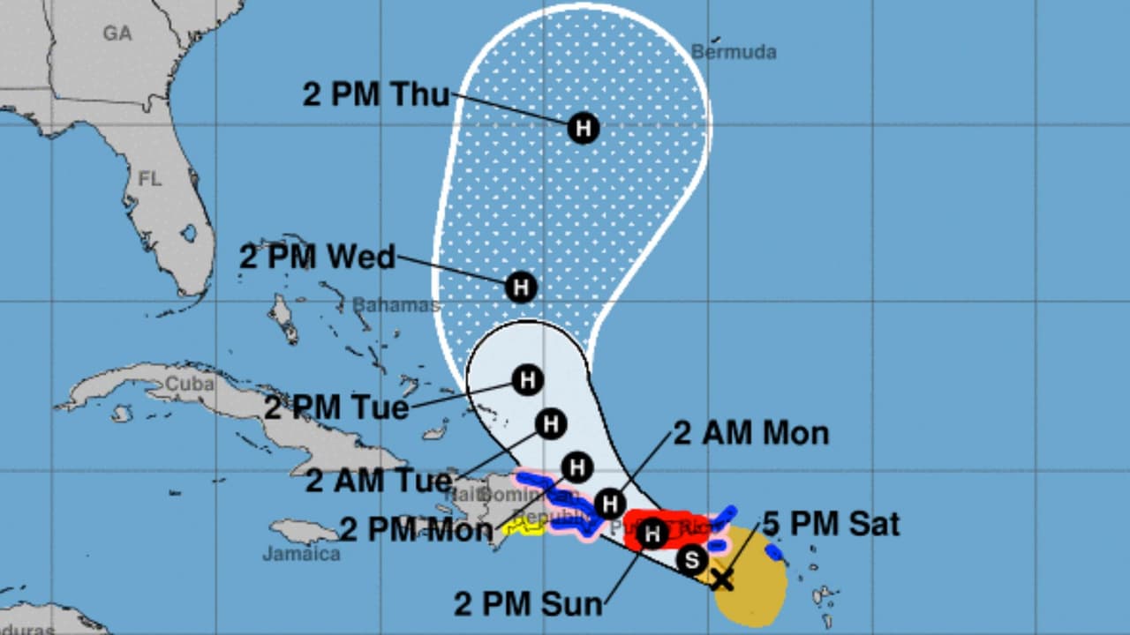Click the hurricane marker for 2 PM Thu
[x=583, y=129]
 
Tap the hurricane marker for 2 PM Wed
[x=521, y=287]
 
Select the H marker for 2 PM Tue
[x=527, y=380]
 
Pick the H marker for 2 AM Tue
[x=550, y=424]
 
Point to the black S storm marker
[x=692, y=558]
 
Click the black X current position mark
[x=722, y=579]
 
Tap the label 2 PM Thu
[x=376, y=94]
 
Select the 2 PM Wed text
[x=317, y=257]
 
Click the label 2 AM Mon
[x=751, y=433]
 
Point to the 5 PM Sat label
[x=831, y=525]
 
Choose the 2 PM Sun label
[x=528, y=604]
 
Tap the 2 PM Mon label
[x=416, y=529]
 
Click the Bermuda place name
[x=734, y=52]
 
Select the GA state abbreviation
[x=117, y=34]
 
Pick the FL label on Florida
[x=150, y=179]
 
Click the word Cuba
[x=189, y=385]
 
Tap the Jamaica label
[x=301, y=554]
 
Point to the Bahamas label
[x=395, y=305]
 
